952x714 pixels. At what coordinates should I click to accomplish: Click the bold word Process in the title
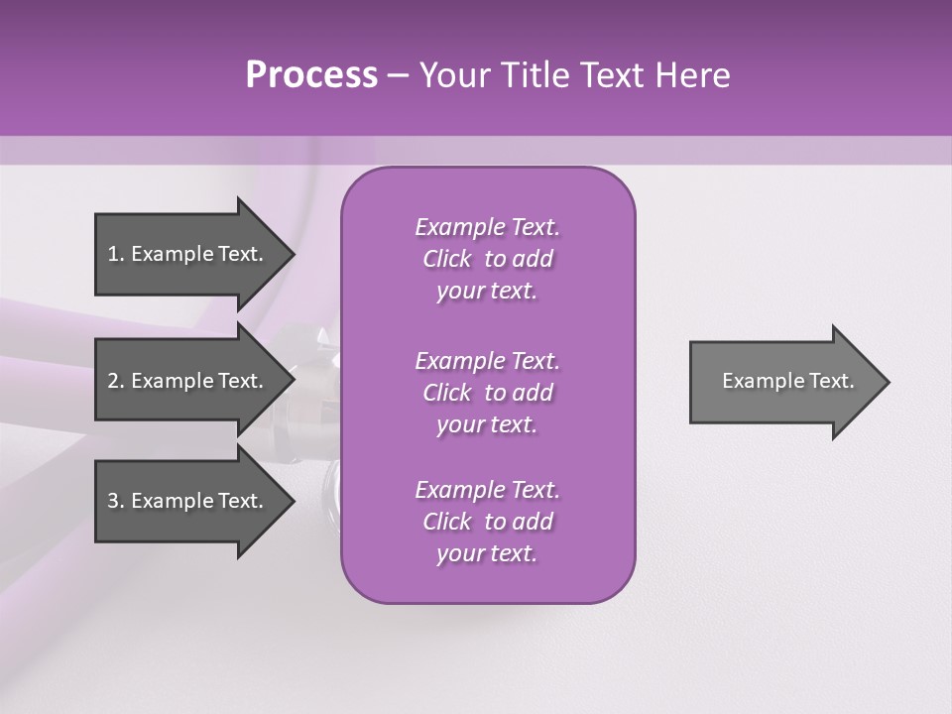[311, 75]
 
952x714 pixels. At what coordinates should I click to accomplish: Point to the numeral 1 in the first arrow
[112, 254]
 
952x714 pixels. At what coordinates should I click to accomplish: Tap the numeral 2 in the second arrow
[113, 381]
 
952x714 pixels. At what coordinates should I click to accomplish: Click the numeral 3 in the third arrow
[113, 501]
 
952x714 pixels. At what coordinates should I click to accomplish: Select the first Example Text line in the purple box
[487, 227]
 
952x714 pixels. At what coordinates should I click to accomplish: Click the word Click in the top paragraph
[447, 259]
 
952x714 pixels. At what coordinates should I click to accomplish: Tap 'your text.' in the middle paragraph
[487, 424]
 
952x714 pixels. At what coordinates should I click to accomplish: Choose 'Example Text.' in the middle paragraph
[487, 361]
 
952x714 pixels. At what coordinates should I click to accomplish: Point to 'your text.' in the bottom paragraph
[487, 553]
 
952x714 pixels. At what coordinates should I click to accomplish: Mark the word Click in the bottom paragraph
[447, 522]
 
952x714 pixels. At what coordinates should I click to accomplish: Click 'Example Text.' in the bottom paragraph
[487, 490]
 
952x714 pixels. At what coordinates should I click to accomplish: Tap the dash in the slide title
[398, 75]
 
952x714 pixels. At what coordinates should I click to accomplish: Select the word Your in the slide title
[452, 75]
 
